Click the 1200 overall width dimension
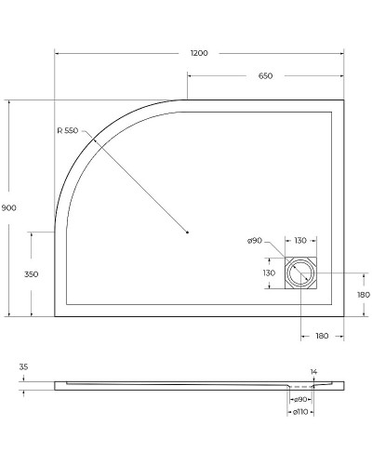coord(198,53)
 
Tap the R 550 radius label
coord(68,132)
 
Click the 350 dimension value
coord(31,274)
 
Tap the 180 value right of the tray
coord(363,295)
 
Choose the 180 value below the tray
coord(322,334)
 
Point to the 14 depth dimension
coord(313,371)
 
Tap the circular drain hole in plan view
coord(300,273)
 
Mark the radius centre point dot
coord(187,232)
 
